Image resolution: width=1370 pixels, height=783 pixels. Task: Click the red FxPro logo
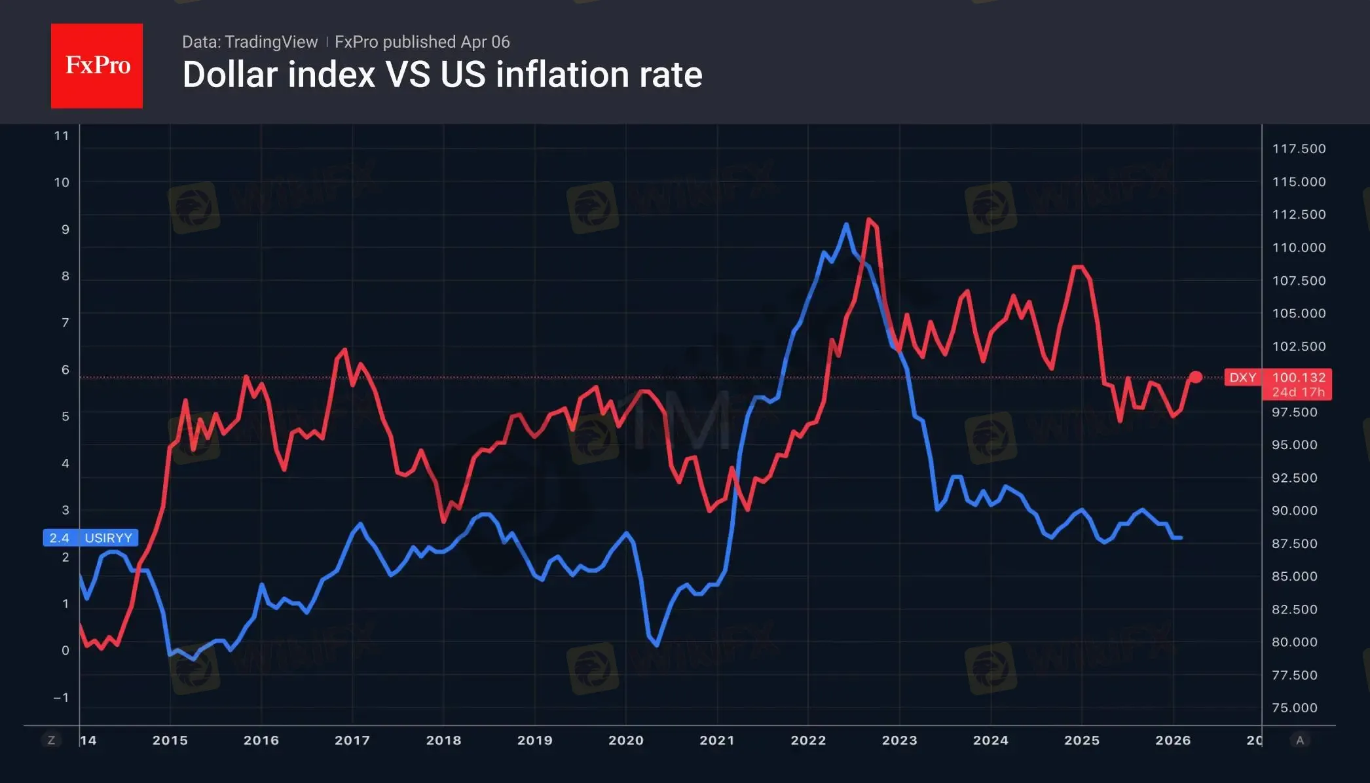click(x=97, y=65)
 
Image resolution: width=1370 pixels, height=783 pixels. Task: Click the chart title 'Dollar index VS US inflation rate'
click(x=442, y=75)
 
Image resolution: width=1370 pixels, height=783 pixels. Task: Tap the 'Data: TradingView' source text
click(x=250, y=42)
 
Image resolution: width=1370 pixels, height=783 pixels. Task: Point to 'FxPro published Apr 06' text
click(x=422, y=42)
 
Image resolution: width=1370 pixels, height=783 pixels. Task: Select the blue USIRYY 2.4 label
click(x=90, y=538)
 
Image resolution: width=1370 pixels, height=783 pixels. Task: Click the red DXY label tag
click(x=1242, y=378)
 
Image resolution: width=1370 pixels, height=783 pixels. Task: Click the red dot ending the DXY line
click(x=1195, y=377)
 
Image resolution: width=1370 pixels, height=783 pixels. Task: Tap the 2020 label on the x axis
click(x=625, y=740)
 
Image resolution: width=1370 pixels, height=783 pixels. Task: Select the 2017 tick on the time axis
click(x=352, y=740)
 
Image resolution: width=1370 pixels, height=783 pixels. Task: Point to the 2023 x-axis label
click(x=899, y=740)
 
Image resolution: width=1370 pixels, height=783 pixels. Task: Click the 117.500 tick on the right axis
click(x=1299, y=149)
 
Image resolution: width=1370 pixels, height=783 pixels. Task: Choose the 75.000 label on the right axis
click(x=1294, y=708)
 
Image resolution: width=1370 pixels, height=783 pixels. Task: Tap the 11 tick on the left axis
click(x=62, y=136)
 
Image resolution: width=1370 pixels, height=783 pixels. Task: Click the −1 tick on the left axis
click(x=61, y=698)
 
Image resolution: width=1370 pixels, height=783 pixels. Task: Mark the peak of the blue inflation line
click(x=846, y=225)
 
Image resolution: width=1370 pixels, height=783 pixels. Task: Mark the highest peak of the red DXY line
click(x=869, y=219)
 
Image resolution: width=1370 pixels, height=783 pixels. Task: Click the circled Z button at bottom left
click(x=51, y=740)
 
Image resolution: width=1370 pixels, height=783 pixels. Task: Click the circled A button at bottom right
click(x=1300, y=740)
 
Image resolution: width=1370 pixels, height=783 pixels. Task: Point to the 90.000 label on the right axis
click(x=1294, y=511)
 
